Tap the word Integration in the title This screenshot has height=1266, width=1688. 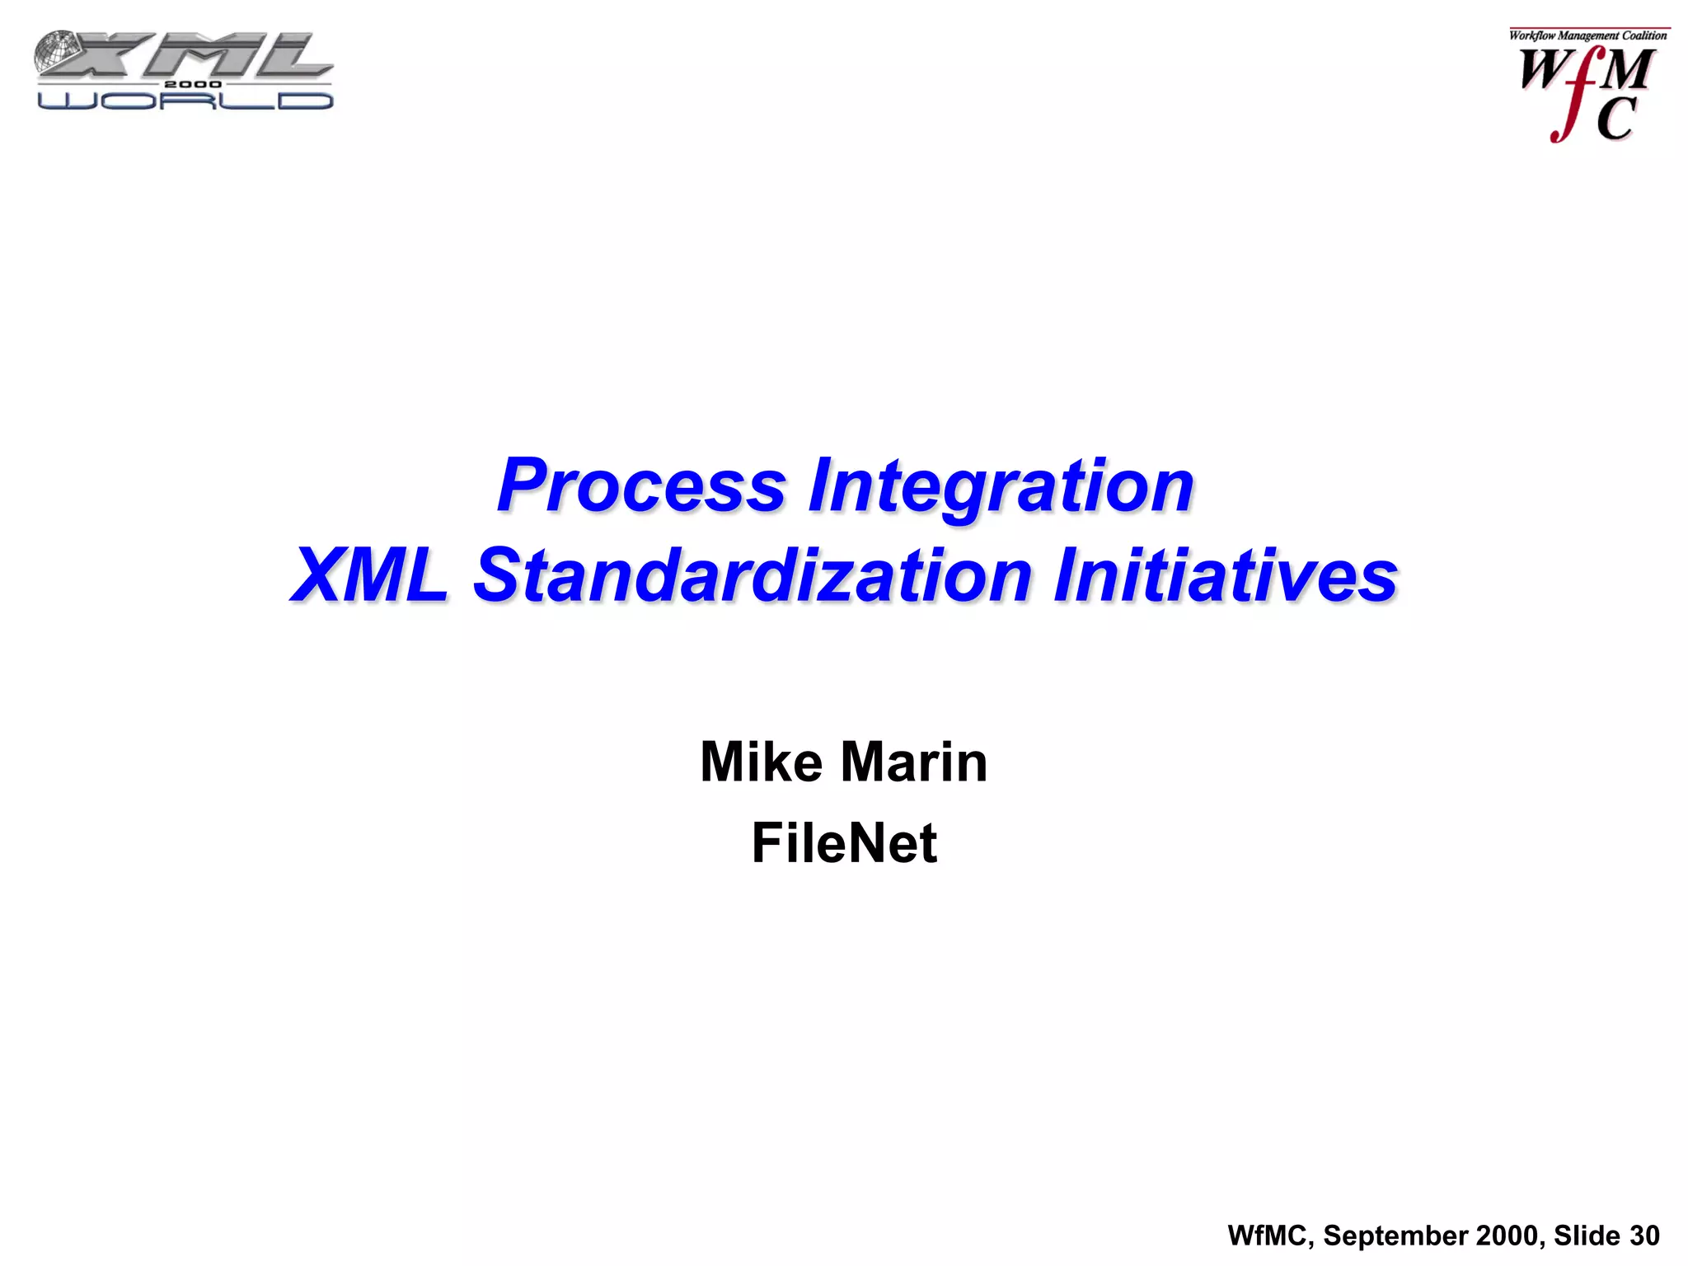(1001, 486)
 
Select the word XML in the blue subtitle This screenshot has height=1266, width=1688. (370, 575)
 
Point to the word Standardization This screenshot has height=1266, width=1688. (753, 575)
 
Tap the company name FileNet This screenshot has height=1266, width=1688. (844, 843)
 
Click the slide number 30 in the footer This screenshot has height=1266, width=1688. (1644, 1236)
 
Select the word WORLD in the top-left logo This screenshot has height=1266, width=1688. (185, 101)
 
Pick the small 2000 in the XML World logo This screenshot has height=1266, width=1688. (192, 84)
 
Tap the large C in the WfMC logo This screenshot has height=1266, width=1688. (1615, 120)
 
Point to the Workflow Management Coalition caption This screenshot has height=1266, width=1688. (1587, 35)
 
